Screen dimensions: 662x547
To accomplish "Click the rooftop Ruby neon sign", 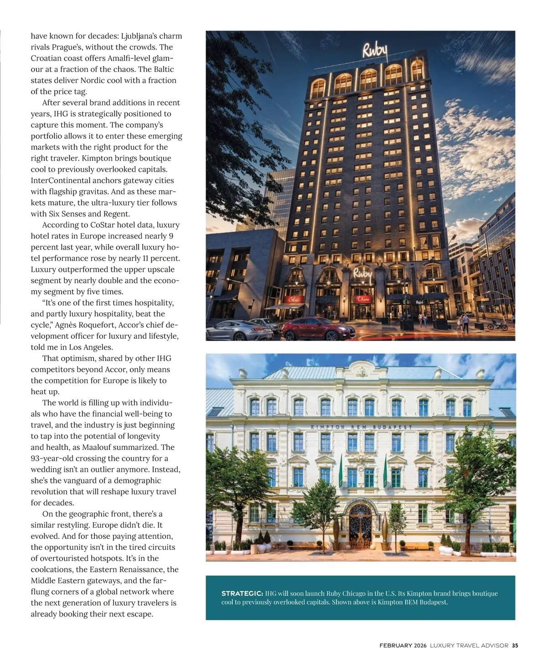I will point(375,51).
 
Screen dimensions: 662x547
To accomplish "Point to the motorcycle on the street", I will point(497,325).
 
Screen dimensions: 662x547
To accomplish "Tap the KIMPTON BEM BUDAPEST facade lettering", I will point(361,427).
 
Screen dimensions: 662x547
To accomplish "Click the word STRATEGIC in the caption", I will point(242,593).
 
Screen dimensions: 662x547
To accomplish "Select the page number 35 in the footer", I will point(515,645).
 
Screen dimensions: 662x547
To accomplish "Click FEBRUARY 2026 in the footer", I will point(403,645).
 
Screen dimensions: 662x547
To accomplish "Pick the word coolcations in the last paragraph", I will point(52,570).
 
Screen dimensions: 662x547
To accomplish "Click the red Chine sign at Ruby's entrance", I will point(363,299).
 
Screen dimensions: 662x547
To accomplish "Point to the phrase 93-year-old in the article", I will point(54,458).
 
